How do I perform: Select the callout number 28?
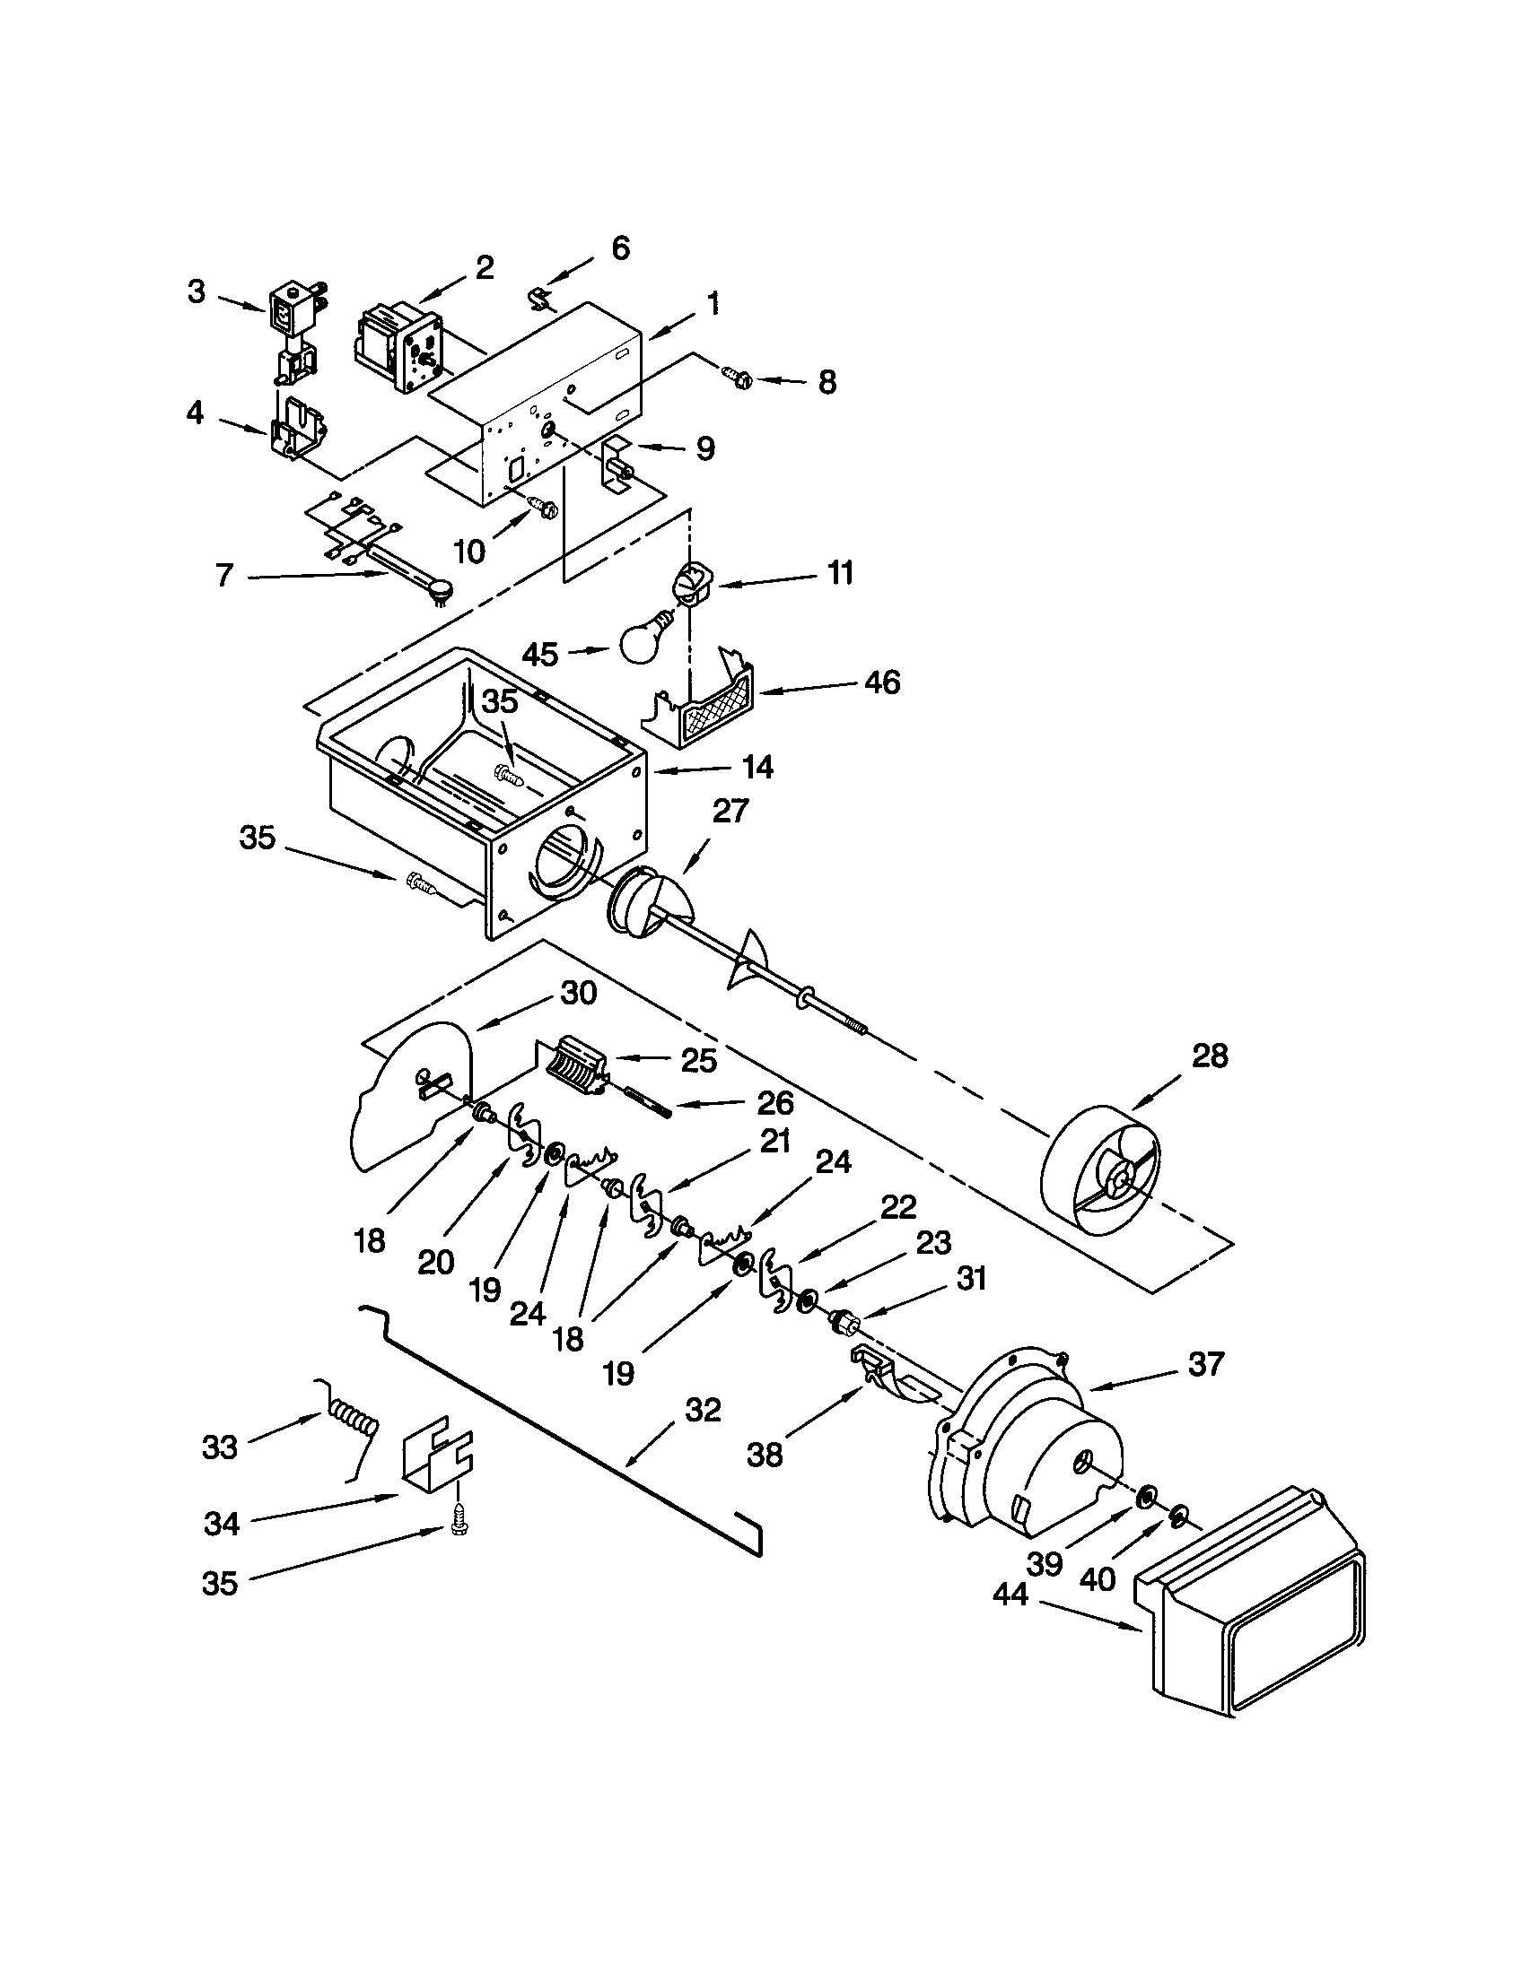tap(1210, 1056)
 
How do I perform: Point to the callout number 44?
tap(1010, 1595)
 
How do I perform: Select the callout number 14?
tap(757, 767)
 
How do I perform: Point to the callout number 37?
tap(1206, 1363)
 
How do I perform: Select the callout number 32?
tap(703, 1410)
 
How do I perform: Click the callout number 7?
tap(224, 576)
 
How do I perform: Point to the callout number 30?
tap(579, 993)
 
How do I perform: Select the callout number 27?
tap(730, 811)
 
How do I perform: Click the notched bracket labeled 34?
tap(438, 1459)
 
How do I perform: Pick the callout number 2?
tap(485, 267)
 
